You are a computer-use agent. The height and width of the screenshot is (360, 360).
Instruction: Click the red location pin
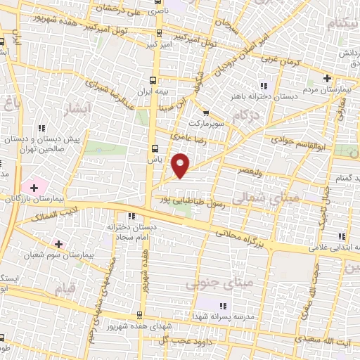[x=181, y=165]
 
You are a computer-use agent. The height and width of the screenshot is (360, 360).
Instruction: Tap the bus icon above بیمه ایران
[x=154, y=79]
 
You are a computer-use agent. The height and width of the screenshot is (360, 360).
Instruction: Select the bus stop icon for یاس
[x=155, y=148]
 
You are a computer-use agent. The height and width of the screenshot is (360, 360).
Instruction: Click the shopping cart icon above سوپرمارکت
[x=205, y=112]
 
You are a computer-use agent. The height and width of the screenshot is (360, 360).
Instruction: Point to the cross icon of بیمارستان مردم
[x=326, y=77]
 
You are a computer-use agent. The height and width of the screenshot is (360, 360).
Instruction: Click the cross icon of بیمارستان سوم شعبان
[x=58, y=244]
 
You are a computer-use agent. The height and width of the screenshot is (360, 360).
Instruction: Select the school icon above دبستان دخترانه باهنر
[x=264, y=77]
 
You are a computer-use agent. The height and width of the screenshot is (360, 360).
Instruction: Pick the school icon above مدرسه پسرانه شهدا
[x=223, y=306]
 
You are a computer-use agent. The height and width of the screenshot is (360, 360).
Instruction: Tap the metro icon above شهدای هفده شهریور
[x=139, y=313]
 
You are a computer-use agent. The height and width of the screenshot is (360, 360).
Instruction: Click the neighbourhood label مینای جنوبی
[x=208, y=284]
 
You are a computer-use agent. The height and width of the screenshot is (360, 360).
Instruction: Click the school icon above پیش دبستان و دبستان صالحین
[x=43, y=128]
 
